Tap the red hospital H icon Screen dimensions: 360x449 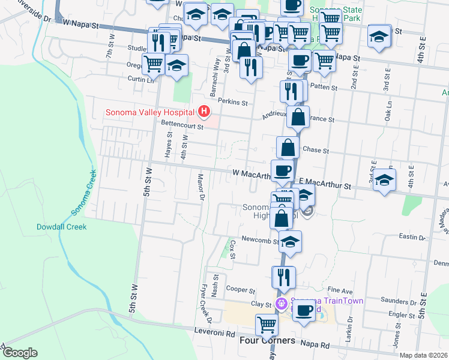(x=205, y=112)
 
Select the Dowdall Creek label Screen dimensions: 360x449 (x=61, y=227)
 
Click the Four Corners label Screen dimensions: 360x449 (x=267, y=340)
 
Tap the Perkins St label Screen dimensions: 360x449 (x=233, y=102)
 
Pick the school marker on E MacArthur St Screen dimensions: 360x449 (x=384, y=179)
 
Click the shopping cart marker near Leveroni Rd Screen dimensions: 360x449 (x=266, y=325)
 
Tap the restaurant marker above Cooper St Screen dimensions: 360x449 (x=283, y=277)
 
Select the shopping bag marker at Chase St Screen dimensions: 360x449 (x=288, y=147)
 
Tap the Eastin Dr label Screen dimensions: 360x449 (x=411, y=238)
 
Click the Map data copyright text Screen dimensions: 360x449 (x=424, y=355)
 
